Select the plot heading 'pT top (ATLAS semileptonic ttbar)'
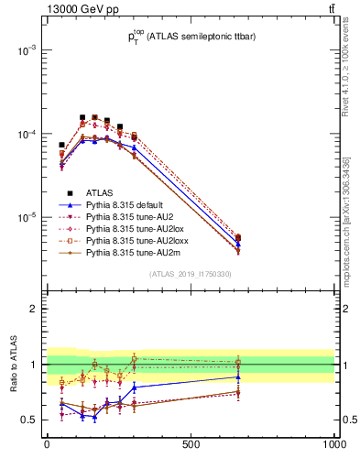tap(190, 37)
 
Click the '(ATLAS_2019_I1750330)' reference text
tap(190, 274)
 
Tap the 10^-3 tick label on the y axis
tap(24, 50)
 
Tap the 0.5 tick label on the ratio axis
tap(29, 420)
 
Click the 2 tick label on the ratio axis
tap(33, 309)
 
